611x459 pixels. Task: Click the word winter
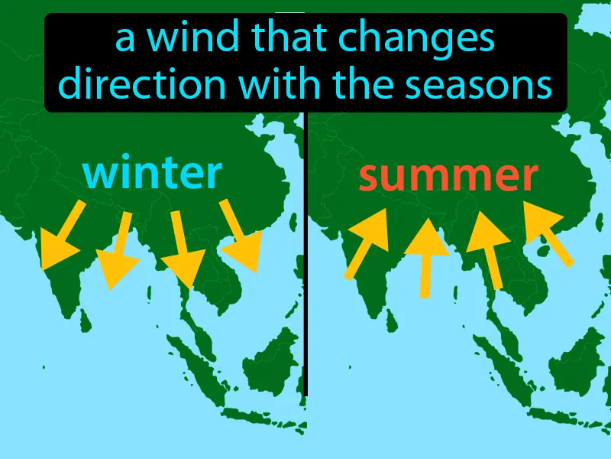(153, 174)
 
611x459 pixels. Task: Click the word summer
(448, 177)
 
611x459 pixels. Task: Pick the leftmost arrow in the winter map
(60, 236)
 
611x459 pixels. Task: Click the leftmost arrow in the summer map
(367, 243)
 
